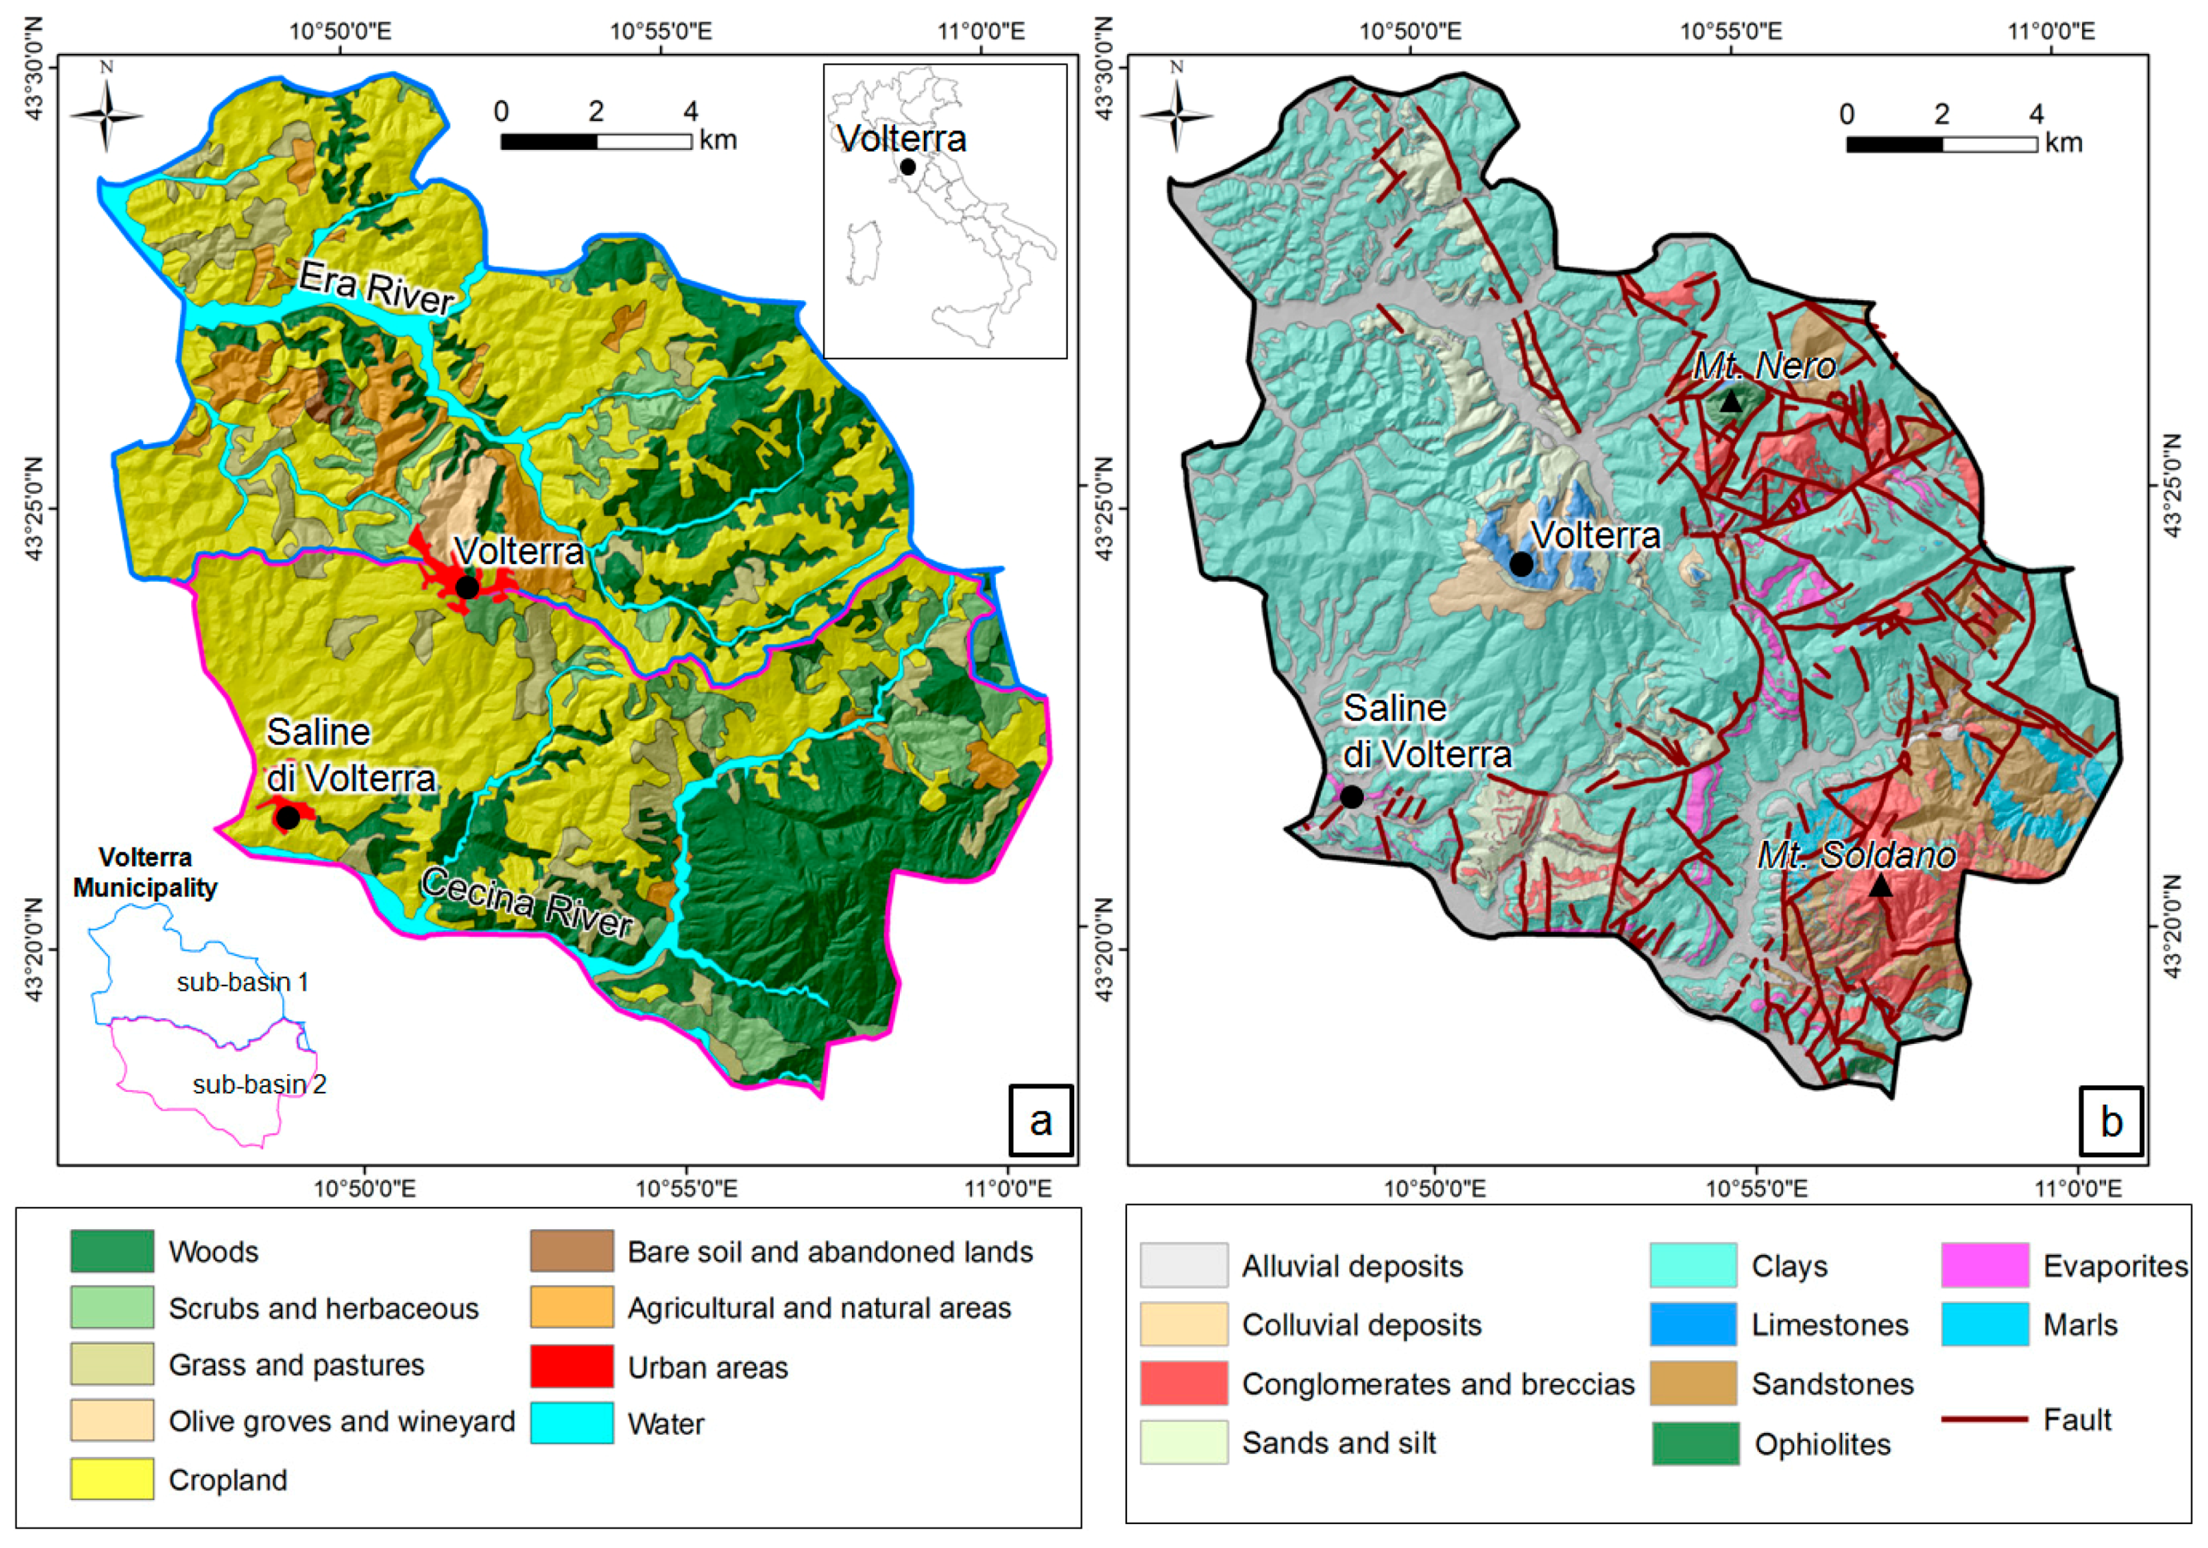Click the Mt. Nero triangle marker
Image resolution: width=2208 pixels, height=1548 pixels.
click(1730, 402)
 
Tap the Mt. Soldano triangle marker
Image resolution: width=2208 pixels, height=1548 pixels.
click(1881, 886)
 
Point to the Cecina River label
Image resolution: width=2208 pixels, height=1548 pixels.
click(527, 903)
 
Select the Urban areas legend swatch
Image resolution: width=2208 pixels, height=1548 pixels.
click(571, 1366)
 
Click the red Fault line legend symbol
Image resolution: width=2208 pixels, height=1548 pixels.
click(1984, 1419)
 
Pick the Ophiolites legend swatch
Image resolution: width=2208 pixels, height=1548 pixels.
click(1694, 1443)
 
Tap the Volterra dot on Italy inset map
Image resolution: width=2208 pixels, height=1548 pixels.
click(908, 166)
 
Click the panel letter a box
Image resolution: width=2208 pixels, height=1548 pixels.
click(1040, 1120)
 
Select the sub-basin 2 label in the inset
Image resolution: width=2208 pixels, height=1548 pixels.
click(260, 1085)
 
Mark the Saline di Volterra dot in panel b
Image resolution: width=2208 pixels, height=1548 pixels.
click(1351, 796)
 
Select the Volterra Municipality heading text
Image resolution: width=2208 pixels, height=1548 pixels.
click(145, 872)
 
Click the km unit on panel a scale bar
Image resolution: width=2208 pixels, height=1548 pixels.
click(719, 140)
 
